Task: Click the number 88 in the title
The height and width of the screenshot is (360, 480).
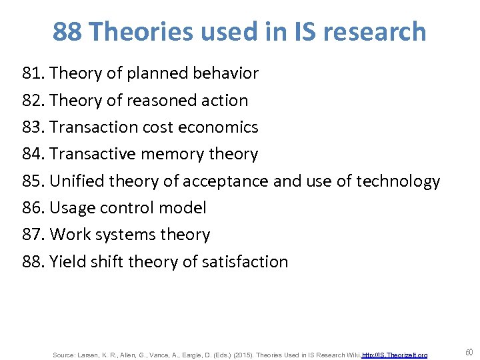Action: click(67, 31)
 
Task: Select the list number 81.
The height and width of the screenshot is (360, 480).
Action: click(32, 73)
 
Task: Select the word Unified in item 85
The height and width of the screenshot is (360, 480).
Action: click(75, 181)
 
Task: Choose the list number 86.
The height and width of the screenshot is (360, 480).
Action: click(32, 207)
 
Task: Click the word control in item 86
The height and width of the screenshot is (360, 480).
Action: click(128, 207)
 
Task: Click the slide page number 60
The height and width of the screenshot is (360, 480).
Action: click(469, 352)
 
